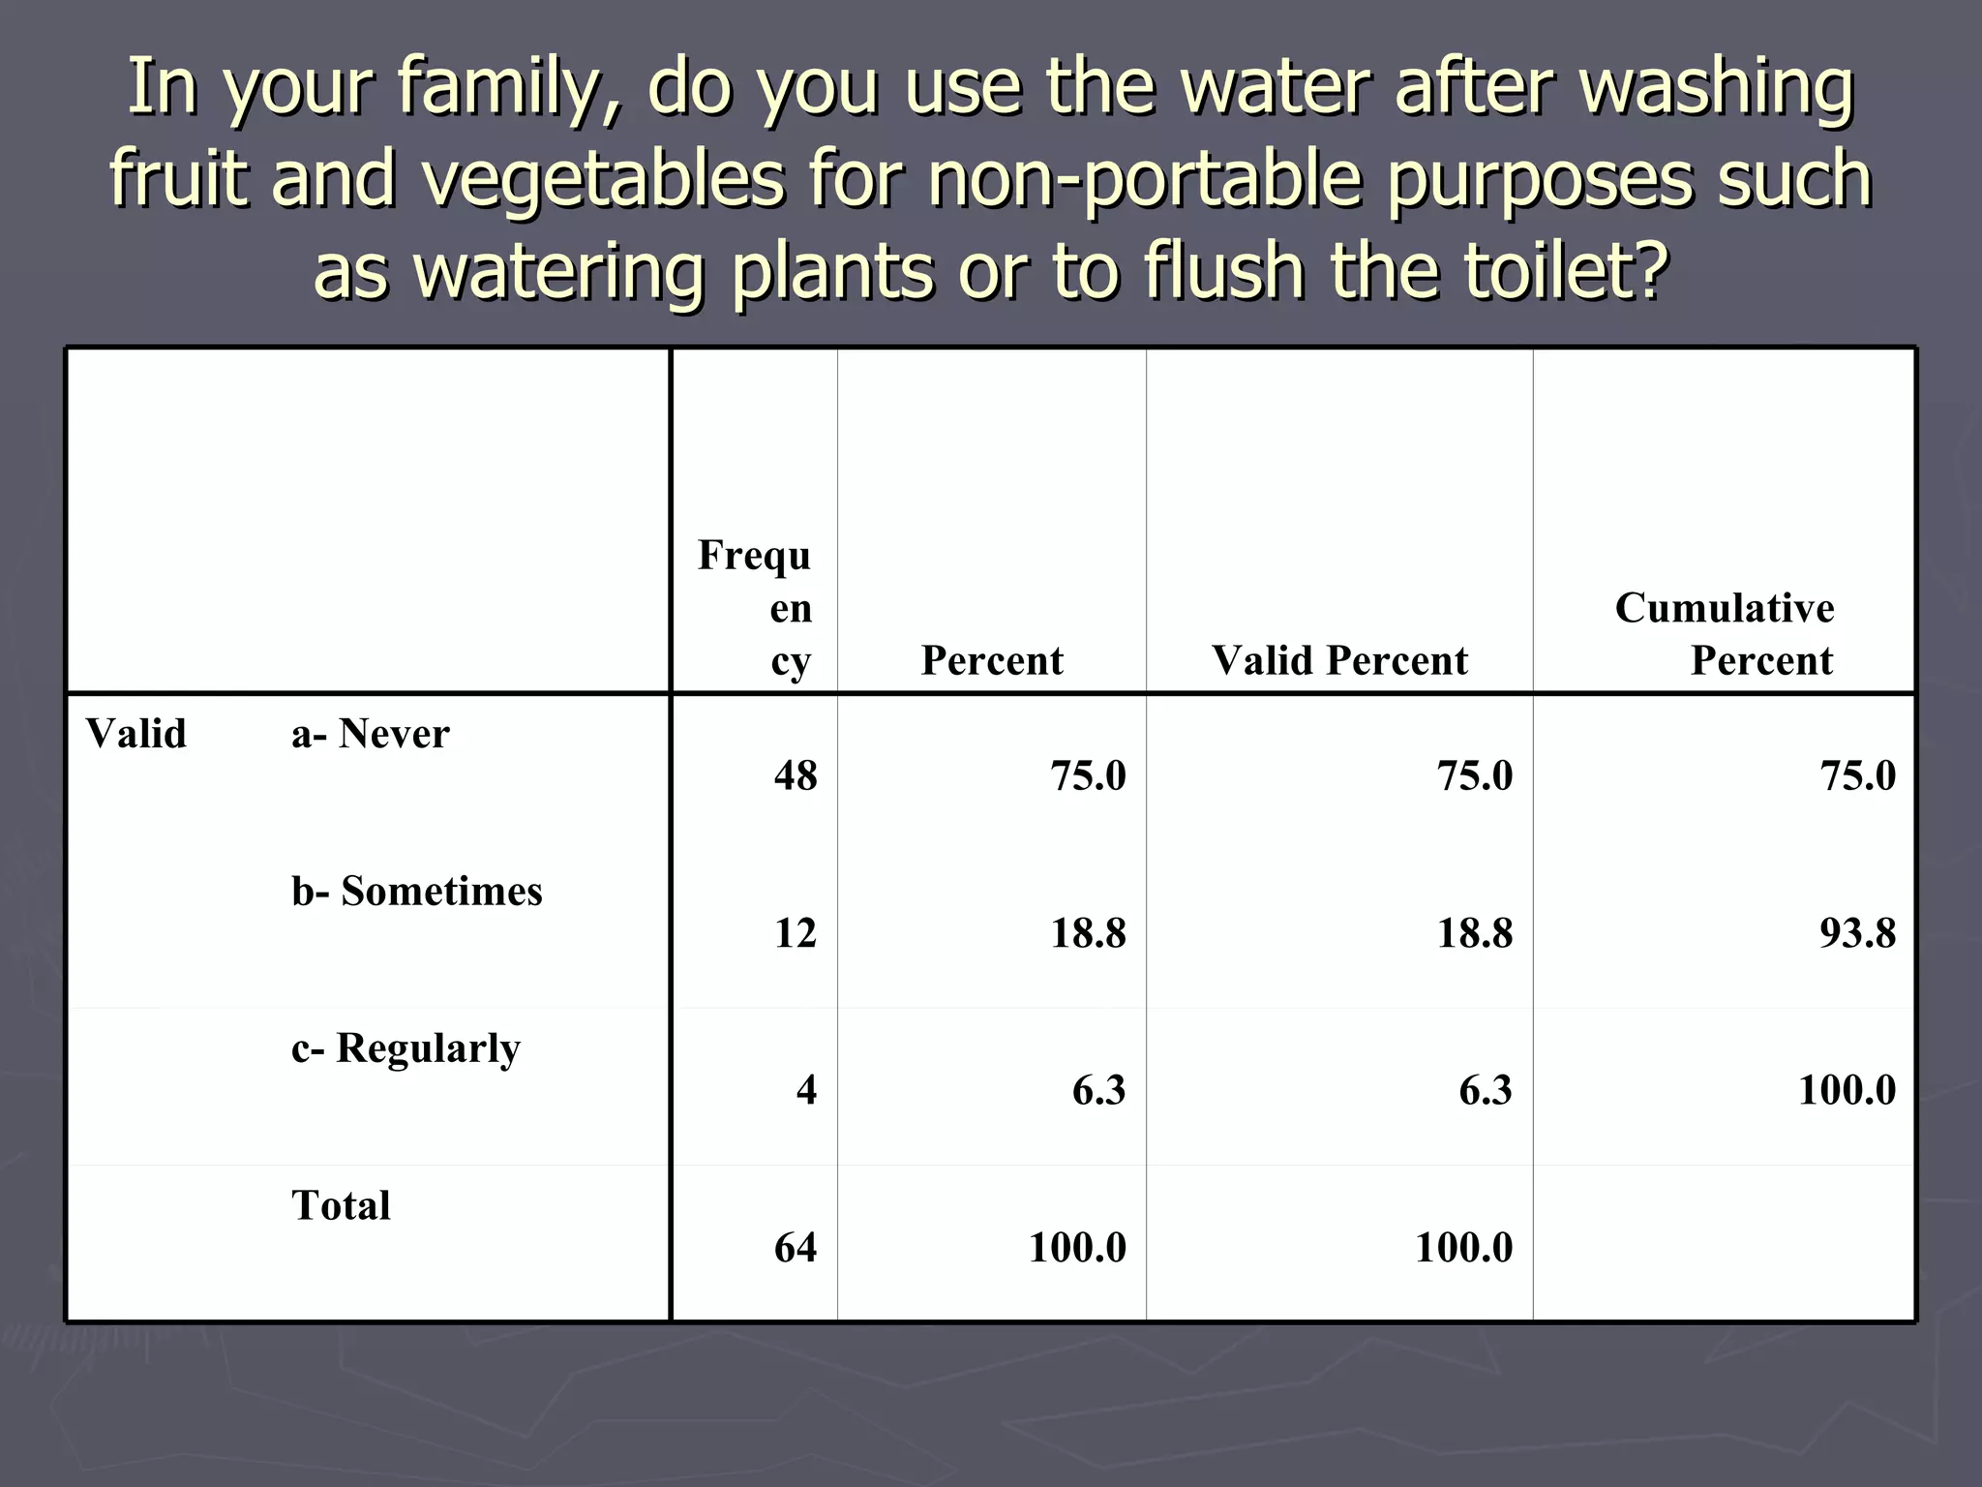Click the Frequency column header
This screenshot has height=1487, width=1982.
pyautogui.click(x=755, y=608)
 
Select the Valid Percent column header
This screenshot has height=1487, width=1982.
pyautogui.click(x=1339, y=661)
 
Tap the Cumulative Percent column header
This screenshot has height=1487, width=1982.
pyautogui.click(x=1725, y=634)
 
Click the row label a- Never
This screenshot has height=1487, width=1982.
pyautogui.click(x=371, y=734)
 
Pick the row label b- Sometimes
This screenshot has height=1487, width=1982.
pyautogui.click(x=417, y=891)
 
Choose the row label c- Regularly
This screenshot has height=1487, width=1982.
pyautogui.click(x=405, y=1048)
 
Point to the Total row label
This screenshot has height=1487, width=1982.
pyautogui.click(x=341, y=1205)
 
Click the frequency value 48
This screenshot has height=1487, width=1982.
pyautogui.click(x=796, y=775)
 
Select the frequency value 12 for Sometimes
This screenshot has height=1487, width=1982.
pyautogui.click(x=796, y=933)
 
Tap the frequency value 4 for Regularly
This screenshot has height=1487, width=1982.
pyautogui.click(x=806, y=1090)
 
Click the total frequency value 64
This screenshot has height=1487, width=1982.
pyautogui.click(x=796, y=1247)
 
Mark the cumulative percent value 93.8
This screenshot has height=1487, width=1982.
pyautogui.click(x=1857, y=933)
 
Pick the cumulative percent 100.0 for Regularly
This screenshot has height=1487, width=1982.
pyautogui.click(x=1847, y=1090)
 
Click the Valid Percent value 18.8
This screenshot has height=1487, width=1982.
pyautogui.click(x=1474, y=933)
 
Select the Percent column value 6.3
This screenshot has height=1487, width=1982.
pyautogui.click(x=1098, y=1090)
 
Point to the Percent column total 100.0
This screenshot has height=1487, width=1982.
pyautogui.click(x=1077, y=1247)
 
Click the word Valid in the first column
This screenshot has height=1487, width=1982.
pyautogui.click(x=136, y=734)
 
